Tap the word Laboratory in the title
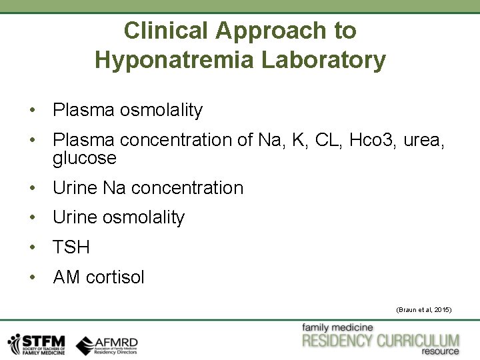point(323,60)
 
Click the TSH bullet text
point(71,247)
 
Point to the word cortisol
point(115,277)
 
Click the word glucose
point(85,159)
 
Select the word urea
point(424,141)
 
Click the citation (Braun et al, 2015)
point(424,310)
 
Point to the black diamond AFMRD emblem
point(85,345)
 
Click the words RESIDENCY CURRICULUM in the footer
point(381,341)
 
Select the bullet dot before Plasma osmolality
point(32,111)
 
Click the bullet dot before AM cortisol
point(32,278)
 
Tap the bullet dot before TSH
point(32,248)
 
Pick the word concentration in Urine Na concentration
point(187,188)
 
